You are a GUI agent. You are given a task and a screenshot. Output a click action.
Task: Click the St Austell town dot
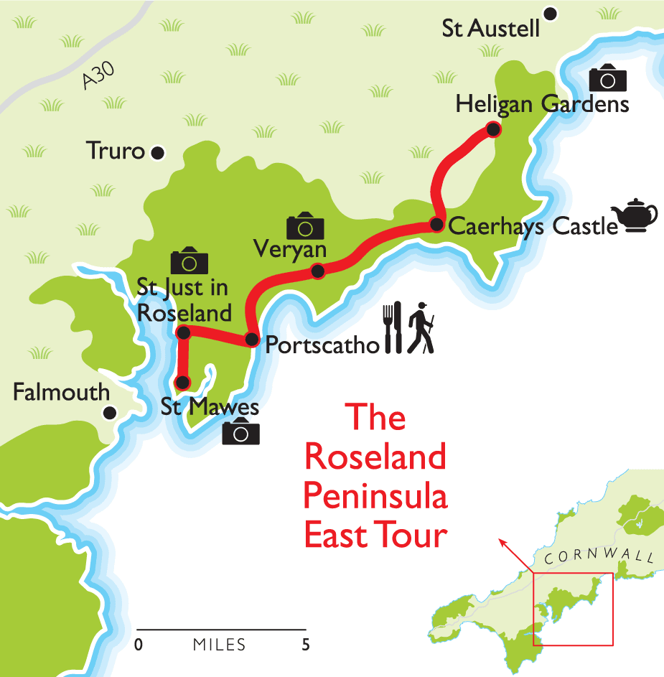(551, 14)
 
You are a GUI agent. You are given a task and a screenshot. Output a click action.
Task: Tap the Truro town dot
(157, 152)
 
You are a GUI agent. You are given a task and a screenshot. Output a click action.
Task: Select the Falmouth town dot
(110, 413)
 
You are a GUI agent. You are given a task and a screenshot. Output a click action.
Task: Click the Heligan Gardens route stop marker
(492, 129)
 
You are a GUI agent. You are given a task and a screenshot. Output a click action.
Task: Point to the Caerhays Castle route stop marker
(436, 225)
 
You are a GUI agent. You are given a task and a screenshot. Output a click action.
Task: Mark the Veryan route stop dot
(317, 271)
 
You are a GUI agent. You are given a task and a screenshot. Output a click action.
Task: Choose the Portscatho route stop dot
(251, 340)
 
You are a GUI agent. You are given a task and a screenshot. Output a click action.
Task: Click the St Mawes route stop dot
(183, 382)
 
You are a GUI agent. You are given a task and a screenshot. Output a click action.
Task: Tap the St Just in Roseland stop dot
(183, 332)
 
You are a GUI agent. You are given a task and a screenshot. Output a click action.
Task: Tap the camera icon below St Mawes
(240, 432)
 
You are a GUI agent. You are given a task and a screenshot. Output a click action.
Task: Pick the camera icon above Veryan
(305, 226)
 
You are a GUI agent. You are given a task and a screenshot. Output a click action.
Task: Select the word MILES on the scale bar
(219, 645)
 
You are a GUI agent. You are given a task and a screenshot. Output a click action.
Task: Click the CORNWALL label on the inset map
(599, 556)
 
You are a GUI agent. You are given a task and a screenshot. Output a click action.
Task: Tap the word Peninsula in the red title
(375, 496)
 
